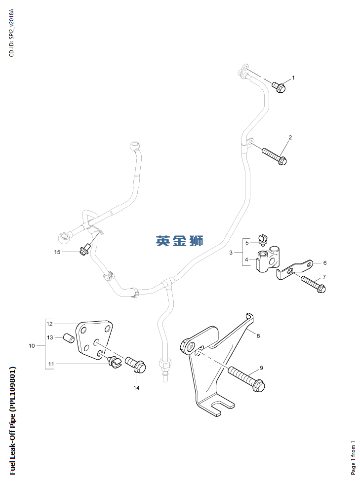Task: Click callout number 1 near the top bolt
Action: (x=293, y=78)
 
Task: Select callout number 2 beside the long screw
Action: (x=290, y=137)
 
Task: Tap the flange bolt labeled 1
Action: (x=278, y=87)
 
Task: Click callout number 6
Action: (x=324, y=263)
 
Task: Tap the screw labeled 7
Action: (x=312, y=285)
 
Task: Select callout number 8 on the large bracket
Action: (x=257, y=335)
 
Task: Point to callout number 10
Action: (x=32, y=346)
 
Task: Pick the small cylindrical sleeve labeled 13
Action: (x=70, y=338)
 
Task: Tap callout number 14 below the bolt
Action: (x=136, y=388)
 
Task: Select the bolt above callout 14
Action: (x=136, y=366)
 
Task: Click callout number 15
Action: (x=57, y=252)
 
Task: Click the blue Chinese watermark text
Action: (x=180, y=241)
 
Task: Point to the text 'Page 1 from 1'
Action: (x=353, y=457)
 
